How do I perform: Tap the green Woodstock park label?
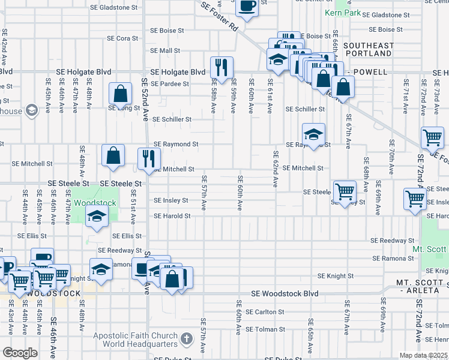[x=95, y=203]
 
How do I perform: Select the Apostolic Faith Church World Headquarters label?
[x=136, y=340]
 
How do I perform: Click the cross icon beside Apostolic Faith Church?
[x=187, y=340]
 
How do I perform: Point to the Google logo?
[x=20, y=353]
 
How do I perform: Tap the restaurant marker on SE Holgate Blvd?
[x=221, y=68]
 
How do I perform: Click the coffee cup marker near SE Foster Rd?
[x=247, y=6]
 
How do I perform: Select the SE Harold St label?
[x=172, y=216]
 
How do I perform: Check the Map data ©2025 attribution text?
[x=424, y=355]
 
